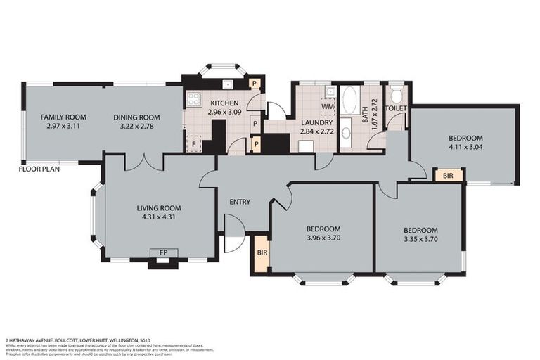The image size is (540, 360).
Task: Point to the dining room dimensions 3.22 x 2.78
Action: click(138, 127)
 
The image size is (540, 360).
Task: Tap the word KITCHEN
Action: click(224, 103)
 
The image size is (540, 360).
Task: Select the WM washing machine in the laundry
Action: click(327, 106)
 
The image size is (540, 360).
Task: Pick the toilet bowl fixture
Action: click(397, 96)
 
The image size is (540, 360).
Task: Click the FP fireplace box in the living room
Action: click(164, 253)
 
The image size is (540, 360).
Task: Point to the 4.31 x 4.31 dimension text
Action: click(159, 217)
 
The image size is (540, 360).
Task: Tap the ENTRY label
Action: click(240, 202)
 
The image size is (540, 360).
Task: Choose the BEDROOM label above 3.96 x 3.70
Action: click(323, 229)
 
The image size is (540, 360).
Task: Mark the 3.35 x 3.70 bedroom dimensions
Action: click(420, 239)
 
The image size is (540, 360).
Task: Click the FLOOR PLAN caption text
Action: click(39, 169)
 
